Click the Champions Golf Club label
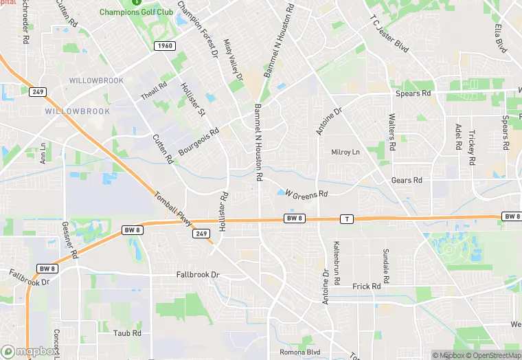[x=136, y=12]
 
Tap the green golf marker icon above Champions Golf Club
[x=136, y=2]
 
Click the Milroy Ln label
[x=345, y=152]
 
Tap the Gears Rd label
[x=407, y=181]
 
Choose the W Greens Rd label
[x=306, y=195]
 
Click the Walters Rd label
[x=391, y=132]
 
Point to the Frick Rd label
[x=366, y=286]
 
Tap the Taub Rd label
[x=127, y=333]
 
